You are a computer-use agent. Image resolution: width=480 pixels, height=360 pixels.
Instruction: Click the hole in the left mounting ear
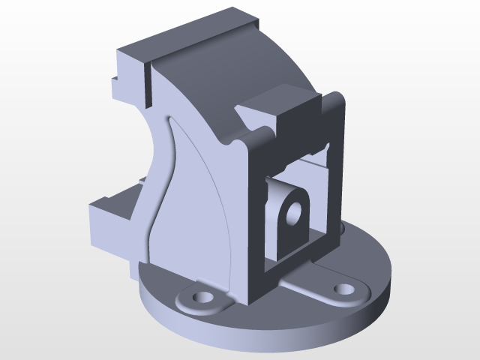pyautogui.click(x=200, y=298)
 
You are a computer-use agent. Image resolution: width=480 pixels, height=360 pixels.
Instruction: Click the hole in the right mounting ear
pyautogui.click(x=344, y=288)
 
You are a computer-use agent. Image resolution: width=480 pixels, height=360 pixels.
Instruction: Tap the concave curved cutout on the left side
pyautogui.click(x=150, y=150)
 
